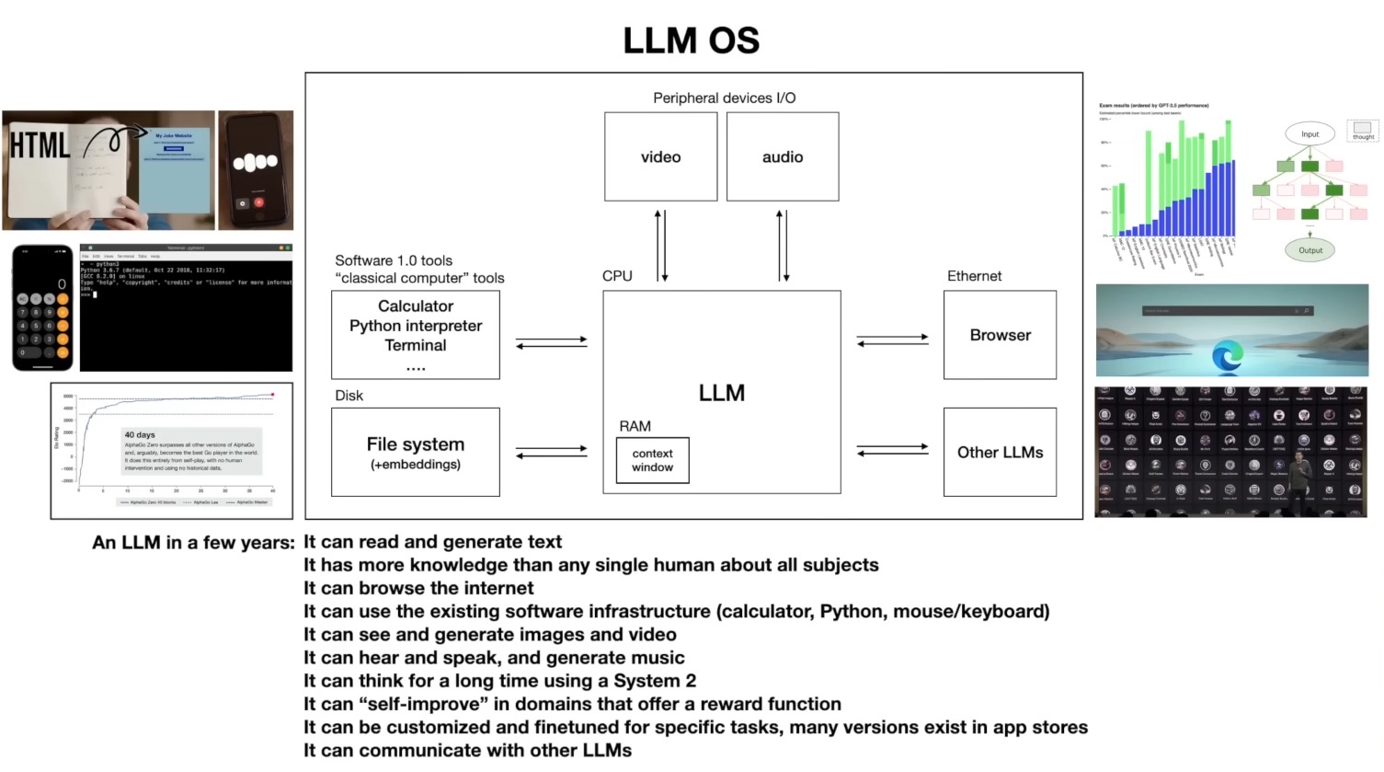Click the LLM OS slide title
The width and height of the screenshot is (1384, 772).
tap(692, 40)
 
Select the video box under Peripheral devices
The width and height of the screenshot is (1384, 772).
tap(660, 156)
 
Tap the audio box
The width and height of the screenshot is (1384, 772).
tap(782, 156)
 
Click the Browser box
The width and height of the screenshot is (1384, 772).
tap(1000, 335)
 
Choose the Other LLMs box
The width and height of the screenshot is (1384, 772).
tap(1000, 452)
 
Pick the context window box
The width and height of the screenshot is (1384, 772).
tap(652, 460)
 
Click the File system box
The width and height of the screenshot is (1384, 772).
tap(415, 452)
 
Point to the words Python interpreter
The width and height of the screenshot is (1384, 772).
tap(415, 326)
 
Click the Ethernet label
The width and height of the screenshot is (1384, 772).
tap(974, 276)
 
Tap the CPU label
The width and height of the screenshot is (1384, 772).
tap(617, 276)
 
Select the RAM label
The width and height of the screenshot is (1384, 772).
tap(635, 426)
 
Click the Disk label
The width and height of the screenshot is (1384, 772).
tap(349, 396)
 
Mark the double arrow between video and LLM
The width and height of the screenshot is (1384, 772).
tap(660, 246)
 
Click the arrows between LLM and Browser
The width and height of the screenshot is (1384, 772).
tap(892, 340)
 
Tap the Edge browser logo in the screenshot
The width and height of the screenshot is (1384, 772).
tap(1228, 356)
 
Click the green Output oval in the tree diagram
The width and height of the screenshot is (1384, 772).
tap(1310, 250)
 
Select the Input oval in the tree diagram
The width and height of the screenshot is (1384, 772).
tap(1310, 134)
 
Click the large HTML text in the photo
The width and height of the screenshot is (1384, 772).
tap(40, 145)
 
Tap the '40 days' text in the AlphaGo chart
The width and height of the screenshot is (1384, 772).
tap(140, 434)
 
